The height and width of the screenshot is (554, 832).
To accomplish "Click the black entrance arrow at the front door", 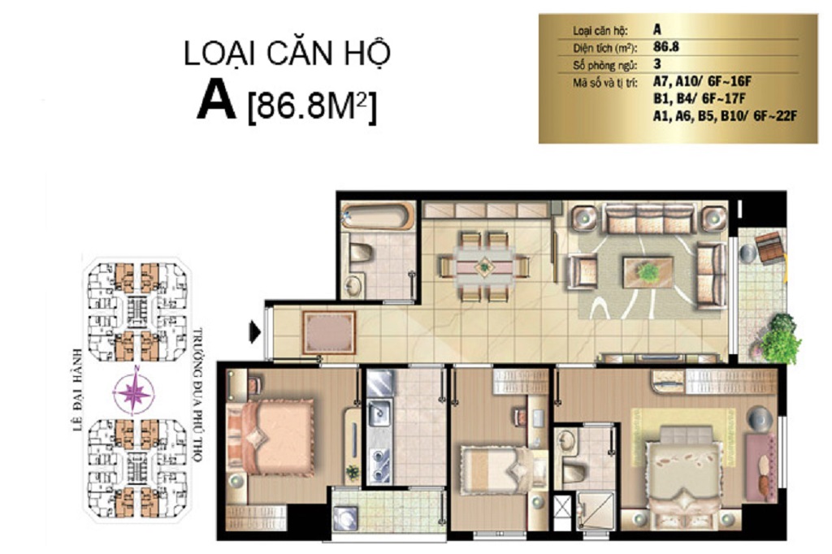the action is coord(255,333).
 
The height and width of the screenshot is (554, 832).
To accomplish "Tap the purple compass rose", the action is coord(134,392).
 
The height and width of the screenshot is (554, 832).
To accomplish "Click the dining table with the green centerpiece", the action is coord(484,266).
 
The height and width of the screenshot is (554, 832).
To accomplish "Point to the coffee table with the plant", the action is coord(648,272).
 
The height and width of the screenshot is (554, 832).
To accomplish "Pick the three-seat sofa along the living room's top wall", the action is coord(649,219).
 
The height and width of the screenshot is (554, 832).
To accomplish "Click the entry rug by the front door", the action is coord(329,333).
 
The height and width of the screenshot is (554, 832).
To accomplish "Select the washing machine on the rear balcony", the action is coord(346,518).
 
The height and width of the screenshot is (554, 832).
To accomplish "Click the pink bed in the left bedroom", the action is coord(271,437).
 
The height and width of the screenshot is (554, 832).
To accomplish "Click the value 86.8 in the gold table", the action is coord(666,46).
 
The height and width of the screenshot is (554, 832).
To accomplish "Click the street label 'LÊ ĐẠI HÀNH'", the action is coord(78,389).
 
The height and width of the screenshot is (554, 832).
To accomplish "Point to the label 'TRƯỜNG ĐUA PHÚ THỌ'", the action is coord(198,396).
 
